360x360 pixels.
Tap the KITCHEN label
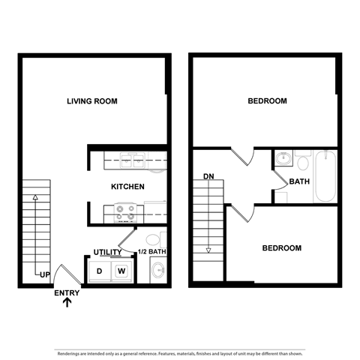pyautogui.click(x=127, y=186)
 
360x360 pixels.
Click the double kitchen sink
pyautogui.click(x=132, y=159)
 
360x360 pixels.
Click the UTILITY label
pyautogui.click(x=107, y=252)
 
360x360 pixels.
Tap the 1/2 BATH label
pyautogui.click(x=151, y=252)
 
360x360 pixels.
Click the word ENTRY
pyautogui.click(x=67, y=292)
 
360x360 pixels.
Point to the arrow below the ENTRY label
pyautogui.click(x=67, y=303)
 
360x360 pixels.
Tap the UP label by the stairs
pyautogui.click(x=44, y=275)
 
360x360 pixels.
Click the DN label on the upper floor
pyautogui.click(x=208, y=178)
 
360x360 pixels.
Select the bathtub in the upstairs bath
pyautogui.click(x=325, y=177)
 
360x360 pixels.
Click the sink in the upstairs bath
pyautogui.click(x=283, y=159)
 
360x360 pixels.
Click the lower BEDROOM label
pyautogui.click(x=281, y=247)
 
